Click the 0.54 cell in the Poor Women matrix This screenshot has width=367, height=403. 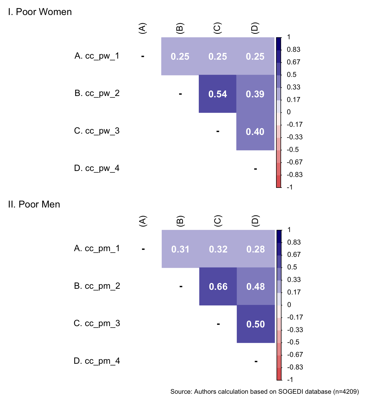click(x=218, y=94)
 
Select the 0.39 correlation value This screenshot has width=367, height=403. click(x=255, y=94)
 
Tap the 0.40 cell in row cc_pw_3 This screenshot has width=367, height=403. click(x=255, y=132)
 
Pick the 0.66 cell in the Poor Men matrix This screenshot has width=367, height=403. click(x=218, y=287)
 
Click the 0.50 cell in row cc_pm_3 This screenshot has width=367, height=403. click(x=256, y=324)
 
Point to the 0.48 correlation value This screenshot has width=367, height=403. click(x=256, y=287)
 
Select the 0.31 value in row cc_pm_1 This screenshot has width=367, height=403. click(x=180, y=249)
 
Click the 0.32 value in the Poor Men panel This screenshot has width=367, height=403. click(x=218, y=249)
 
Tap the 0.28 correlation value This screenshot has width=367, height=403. click(x=256, y=249)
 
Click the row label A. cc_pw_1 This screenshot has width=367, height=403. click(x=97, y=56)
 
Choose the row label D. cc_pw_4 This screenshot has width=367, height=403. click(x=97, y=168)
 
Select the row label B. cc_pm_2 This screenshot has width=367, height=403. click(x=97, y=286)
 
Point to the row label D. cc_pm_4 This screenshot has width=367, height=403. click(x=97, y=361)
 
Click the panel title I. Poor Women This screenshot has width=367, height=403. click(x=40, y=12)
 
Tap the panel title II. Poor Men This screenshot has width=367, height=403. click(x=34, y=204)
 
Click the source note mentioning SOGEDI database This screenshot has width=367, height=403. click(x=264, y=392)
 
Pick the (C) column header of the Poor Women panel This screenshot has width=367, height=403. click(x=217, y=28)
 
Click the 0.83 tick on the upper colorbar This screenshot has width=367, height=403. click(x=294, y=50)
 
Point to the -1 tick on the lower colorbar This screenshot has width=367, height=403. click(x=290, y=380)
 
